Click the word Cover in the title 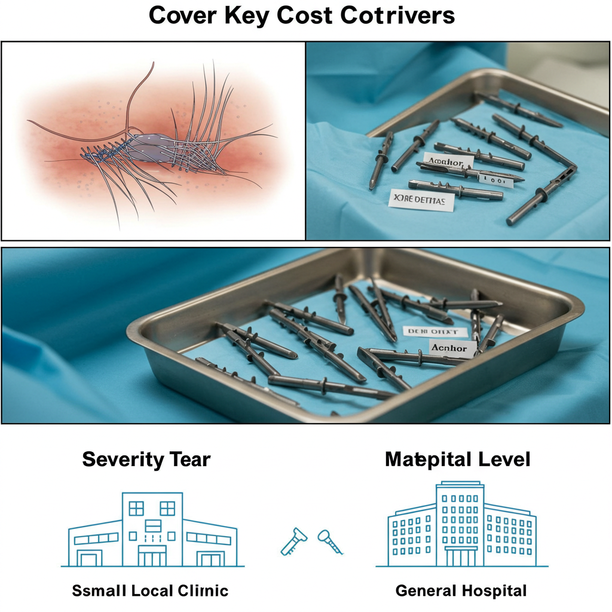(183, 16)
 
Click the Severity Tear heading (146, 460)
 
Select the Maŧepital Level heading (458, 460)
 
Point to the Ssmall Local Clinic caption (150, 591)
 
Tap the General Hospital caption (461, 591)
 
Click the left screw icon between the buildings (293, 541)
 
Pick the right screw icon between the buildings (329, 540)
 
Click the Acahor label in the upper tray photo (448, 161)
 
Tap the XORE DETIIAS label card (421, 200)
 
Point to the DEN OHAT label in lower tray (430, 331)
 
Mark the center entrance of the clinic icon (152, 556)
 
